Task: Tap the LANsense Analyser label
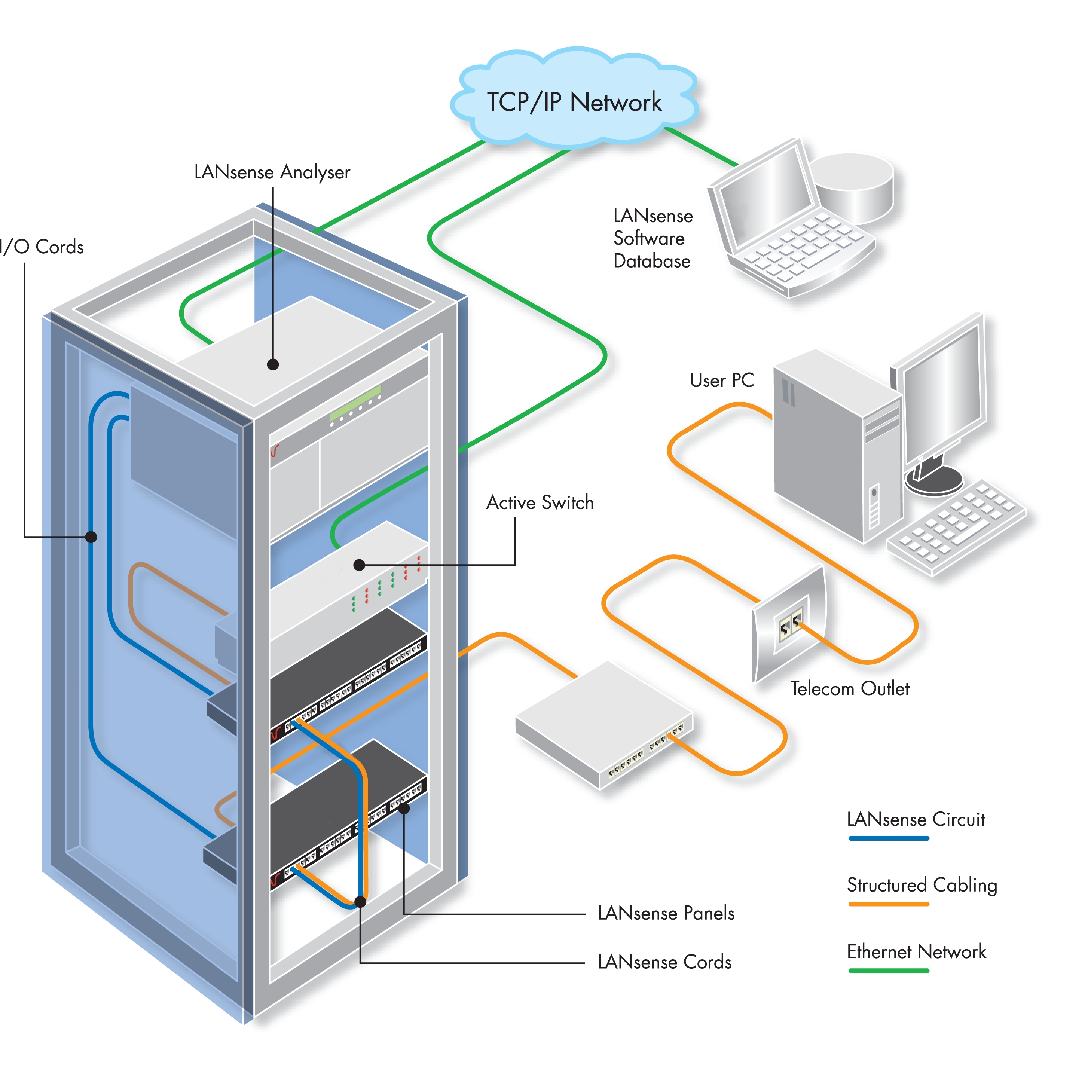click(x=272, y=172)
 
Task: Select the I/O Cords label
click(x=42, y=247)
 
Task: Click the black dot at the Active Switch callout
click(x=359, y=564)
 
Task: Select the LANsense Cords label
click(x=664, y=962)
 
